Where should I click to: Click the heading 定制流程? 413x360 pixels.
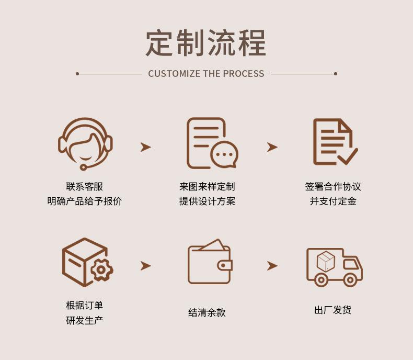tap(206, 43)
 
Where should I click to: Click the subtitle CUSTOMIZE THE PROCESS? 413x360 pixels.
tap(206, 74)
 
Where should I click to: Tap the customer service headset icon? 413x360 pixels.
tap(85, 143)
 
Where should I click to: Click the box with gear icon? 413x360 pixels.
tap(87, 263)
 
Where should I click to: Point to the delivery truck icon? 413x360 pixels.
tap(334, 266)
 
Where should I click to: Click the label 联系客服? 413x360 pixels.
tap(84, 187)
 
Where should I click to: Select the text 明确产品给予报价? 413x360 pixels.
tap(84, 201)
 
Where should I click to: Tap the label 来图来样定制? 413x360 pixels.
tap(207, 187)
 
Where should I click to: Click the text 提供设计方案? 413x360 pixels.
tap(207, 201)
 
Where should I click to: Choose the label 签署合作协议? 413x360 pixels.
tap(333, 187)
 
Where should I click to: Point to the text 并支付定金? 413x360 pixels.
tap(333, 201)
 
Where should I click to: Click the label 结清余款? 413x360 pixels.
tap(207, 313)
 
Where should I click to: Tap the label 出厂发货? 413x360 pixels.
tap(332, 310)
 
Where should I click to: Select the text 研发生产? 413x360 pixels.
tap(84, 320)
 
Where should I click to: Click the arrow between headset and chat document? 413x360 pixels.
tap(145, 147)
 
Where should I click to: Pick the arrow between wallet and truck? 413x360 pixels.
tap(272, 266)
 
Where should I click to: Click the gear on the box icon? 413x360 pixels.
tap(101, 269)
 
